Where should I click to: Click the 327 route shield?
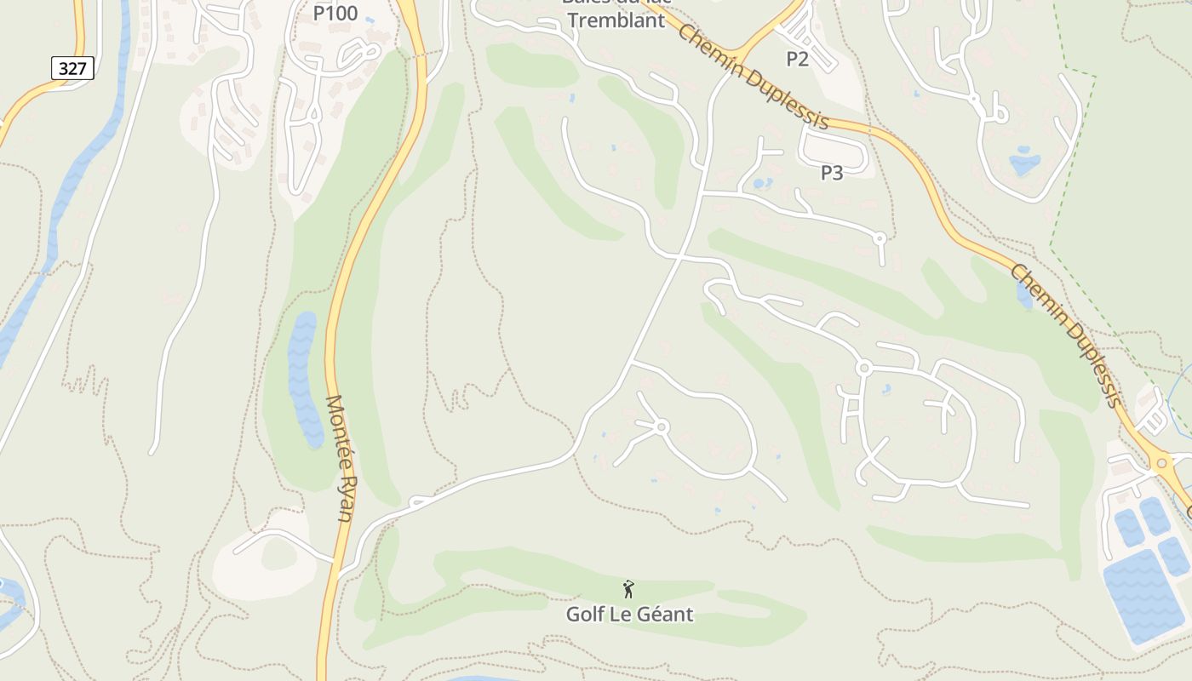click(72, 68)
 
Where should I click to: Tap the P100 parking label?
click(335, 14)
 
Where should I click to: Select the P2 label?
click(797, 59)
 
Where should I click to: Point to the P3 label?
click(832, 173)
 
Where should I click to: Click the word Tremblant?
click(616, 20)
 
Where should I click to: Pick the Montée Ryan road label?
click(341, 458)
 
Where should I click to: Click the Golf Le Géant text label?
click(630, 614)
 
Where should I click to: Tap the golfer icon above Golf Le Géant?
click(628, 588)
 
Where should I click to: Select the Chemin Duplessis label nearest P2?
click(754, 77)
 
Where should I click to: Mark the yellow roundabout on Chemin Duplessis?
click(1160, 464)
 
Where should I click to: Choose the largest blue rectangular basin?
click(1143, 596)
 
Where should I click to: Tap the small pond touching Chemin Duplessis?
click(1024, 295)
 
